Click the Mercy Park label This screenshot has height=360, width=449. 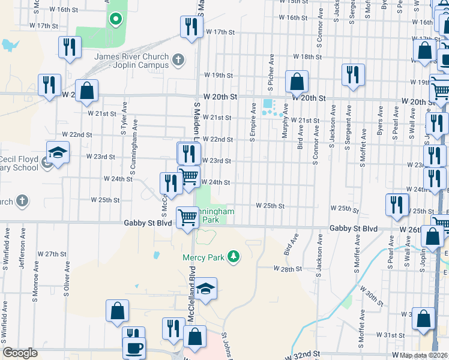(202, 257)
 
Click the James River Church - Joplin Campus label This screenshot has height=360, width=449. (131, 61)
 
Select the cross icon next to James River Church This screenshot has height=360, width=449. (178, 59)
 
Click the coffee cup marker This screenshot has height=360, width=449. (134, 347)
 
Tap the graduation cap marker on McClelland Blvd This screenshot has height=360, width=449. (205, 289)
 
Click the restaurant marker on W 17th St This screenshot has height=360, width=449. (190, 26)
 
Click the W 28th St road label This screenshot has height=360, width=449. (287, 269)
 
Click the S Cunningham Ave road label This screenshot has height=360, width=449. (135, 144)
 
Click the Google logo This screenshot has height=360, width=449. (20, 353)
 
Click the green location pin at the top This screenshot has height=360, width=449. (115, 19)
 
